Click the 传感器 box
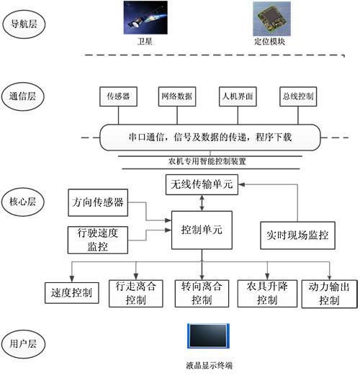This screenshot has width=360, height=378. [117, 96]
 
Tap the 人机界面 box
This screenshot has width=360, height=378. [238, 96]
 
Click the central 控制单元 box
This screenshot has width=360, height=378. [202, 230]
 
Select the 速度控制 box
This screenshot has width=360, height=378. [72, 293]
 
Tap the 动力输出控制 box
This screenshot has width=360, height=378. [321, 292]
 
